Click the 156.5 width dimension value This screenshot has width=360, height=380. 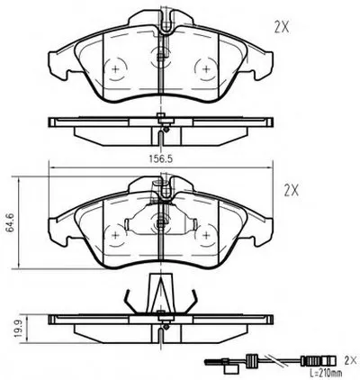pos(161,158)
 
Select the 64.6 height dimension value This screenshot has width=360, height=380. pos(11,222)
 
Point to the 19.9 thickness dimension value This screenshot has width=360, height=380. pos(19,329)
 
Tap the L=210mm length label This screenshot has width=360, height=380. pos(326,374)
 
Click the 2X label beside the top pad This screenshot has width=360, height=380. pos(282,28)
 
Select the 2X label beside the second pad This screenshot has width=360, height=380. pos(292,190)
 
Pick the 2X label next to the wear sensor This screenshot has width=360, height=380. pos(351,359)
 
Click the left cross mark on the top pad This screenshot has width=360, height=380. pos(115,69)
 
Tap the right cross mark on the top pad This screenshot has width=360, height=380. pos(206,69)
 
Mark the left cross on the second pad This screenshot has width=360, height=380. pos(115,235)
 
